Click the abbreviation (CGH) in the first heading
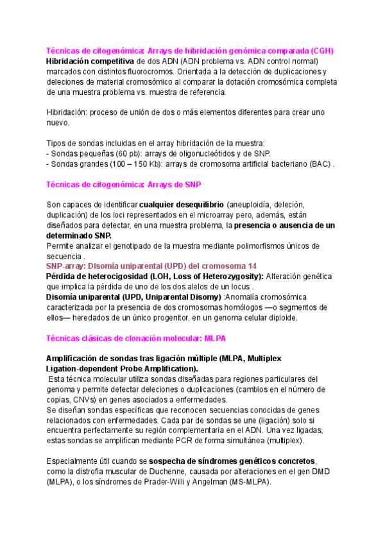tap(322, 51)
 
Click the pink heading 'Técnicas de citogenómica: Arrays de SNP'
tap(124, 184)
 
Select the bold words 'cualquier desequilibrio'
tap(182, 205)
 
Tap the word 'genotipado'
tap(158, 246)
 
